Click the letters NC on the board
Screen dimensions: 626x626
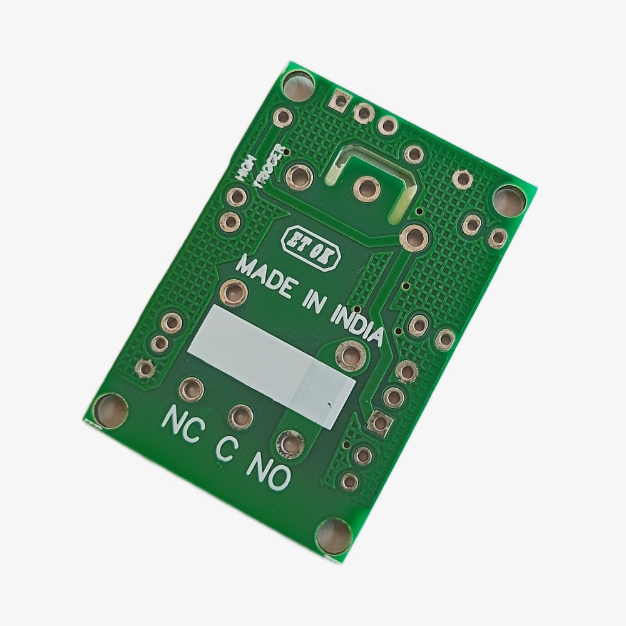(x=182, y=426)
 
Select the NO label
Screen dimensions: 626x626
(x=270, y=471)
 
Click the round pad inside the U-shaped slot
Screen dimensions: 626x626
(x=366, y=186)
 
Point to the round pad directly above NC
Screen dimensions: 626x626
(x=191, y=389)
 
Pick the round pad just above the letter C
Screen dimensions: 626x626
(x=240, y=416)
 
